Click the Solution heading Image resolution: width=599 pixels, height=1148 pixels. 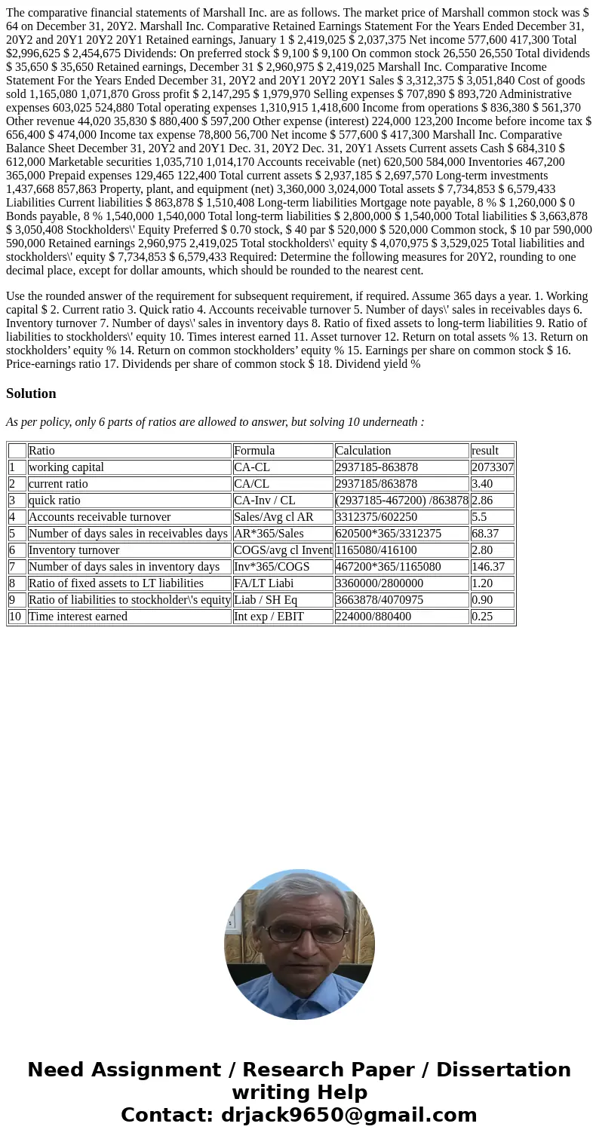click(x=31, y=393)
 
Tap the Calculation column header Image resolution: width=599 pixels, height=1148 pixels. click(x=363, y=451)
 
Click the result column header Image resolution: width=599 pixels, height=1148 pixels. click(x=485, y=451)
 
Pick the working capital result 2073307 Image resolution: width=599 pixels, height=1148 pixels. click(x=492, y=467)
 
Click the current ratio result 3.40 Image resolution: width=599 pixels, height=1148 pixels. click(x=482, y=484)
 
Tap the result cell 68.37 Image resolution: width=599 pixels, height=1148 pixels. click(x=485, y=534)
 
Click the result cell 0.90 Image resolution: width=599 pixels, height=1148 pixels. click(x=482, y=600)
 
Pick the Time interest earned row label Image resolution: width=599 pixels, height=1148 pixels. click(x=78, y=617)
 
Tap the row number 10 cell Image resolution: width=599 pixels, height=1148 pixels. click(x=16, y=617)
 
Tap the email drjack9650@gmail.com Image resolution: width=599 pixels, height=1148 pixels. click(x=349, y=1116)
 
